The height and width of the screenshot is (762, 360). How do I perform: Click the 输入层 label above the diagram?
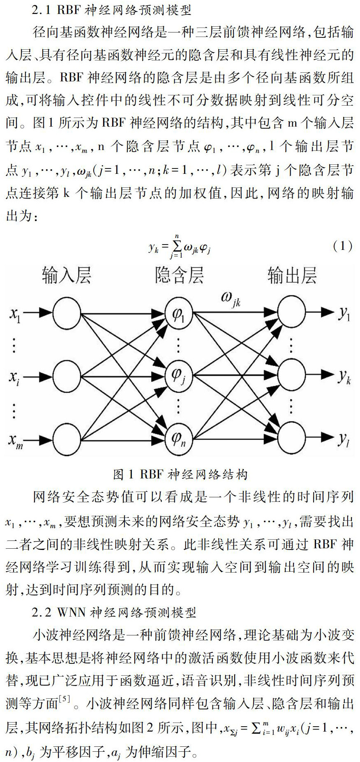[x=67, y=275]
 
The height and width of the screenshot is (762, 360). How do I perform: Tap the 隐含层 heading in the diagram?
[x=180, y=275]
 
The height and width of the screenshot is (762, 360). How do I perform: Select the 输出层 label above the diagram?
[x=292, y=275]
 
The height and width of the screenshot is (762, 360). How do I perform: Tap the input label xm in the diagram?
[x=16, y=441]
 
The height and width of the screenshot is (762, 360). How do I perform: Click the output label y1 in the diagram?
[x=344, y=314]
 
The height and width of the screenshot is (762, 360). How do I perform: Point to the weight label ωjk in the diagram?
[x=231, y=299]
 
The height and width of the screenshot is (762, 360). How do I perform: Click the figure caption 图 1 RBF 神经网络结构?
[x=180, y=475]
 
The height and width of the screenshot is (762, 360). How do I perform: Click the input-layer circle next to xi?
[x=67, y=375]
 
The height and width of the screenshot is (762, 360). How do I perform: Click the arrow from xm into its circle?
[x=40, y=440]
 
